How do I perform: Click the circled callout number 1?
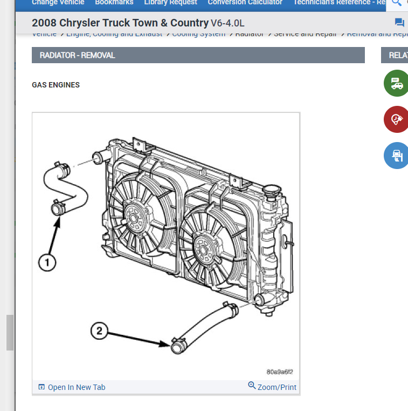point(47,262)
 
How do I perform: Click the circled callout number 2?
point(99,331)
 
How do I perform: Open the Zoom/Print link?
point(272,387)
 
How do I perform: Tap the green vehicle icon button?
point(396,84)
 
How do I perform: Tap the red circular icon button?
point(396,119)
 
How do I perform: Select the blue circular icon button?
point(396,156)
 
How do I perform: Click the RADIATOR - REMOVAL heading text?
point(78,55)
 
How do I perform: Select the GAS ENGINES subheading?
point(56,85)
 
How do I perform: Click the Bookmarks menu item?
point(114,3)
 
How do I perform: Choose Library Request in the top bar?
point(170,3)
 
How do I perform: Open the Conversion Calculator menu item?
point(245,3)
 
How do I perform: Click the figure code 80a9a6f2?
point(280,372)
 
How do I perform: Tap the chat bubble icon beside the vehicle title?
point(399,22)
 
